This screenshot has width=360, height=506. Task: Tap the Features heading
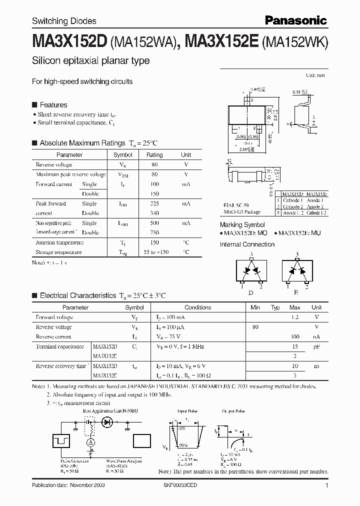coord(53,105)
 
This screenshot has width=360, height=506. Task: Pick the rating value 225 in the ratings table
coord(154,203)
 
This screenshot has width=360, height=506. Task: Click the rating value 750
coord(154,232)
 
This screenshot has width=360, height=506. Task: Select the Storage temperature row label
coord(58,252)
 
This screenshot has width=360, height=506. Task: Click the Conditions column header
coord(197,307)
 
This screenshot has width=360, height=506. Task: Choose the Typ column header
coord(275,307)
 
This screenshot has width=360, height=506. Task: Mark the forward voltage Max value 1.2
coord(295,317)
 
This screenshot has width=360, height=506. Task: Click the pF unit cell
coord(316,346)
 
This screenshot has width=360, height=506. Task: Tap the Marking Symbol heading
coord(242,225)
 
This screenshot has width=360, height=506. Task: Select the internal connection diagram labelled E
coord(297,271)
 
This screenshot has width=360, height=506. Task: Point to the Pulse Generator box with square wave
coord(63,441)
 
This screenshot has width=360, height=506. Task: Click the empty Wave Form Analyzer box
coord(141,441)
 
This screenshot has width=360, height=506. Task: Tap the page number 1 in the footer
coord(326,485)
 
